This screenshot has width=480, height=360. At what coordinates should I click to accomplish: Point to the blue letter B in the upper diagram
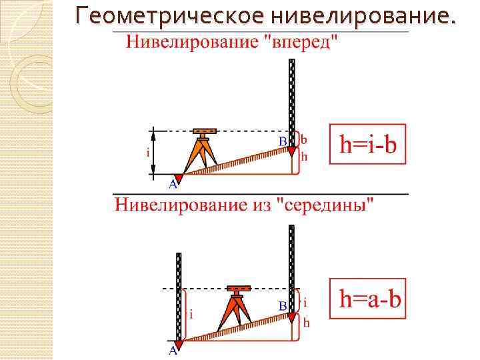[283, 141]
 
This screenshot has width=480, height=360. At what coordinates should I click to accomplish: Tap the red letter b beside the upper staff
[304, 140]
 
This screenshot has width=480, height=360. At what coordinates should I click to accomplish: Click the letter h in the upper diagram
[305, 157]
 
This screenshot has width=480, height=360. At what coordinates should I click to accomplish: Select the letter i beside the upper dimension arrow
[147, 152]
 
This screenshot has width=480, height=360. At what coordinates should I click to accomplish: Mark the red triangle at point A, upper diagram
[179, 177]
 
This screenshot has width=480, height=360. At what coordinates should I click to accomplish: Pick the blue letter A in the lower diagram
[173, 350]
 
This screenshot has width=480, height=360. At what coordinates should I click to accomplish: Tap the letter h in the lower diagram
[306, 322]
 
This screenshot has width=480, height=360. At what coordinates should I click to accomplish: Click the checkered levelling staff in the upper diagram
[291, 100]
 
